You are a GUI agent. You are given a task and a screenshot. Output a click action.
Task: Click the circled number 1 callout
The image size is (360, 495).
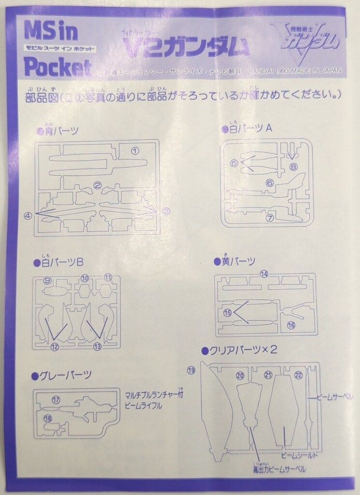135,151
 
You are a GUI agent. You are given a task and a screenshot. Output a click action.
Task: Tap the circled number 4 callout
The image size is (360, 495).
29,216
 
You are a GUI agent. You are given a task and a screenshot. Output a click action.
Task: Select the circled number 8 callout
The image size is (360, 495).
293,167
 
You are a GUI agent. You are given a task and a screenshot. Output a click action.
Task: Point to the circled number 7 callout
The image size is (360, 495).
270,218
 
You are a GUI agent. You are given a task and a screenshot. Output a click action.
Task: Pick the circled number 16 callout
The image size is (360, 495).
291,325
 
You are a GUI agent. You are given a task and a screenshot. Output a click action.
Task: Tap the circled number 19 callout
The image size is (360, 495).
191,371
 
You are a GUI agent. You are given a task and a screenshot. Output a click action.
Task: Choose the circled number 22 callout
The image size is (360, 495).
298,375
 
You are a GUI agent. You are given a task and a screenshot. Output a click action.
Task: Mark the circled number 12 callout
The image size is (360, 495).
55,346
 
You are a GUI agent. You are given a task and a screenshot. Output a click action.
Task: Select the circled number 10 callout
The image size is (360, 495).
85,278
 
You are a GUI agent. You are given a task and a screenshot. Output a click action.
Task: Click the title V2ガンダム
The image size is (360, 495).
186,47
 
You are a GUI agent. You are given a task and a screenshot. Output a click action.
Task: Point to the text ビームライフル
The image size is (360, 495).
144,406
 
